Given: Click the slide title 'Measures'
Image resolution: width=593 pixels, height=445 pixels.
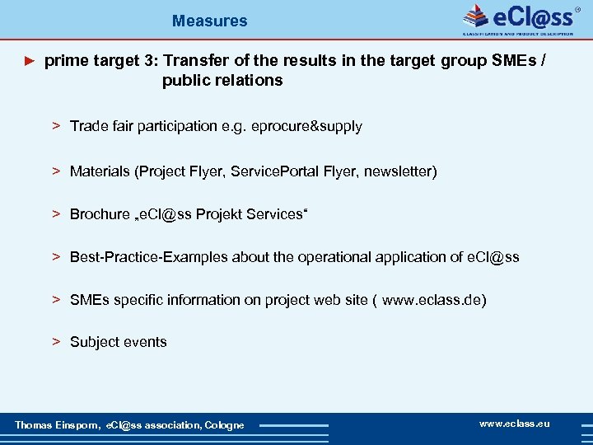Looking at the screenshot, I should (209, 21).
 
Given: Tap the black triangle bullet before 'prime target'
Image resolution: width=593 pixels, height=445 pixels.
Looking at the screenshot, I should (30, 60).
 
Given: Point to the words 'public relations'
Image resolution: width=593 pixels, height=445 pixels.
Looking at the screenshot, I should (222, 80).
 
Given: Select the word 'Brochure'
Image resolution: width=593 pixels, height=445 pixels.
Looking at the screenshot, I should (100, 214).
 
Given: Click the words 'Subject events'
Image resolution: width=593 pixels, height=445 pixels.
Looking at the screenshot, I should (118, 342).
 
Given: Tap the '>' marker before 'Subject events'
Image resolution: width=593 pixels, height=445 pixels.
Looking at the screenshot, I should (57, 342).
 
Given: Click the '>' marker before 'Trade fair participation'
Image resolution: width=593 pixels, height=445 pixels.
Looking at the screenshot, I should (57, 126).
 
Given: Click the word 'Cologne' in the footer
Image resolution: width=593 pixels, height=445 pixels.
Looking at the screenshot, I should (225, 425).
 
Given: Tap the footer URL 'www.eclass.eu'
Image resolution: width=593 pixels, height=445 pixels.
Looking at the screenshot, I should (514, 424).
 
